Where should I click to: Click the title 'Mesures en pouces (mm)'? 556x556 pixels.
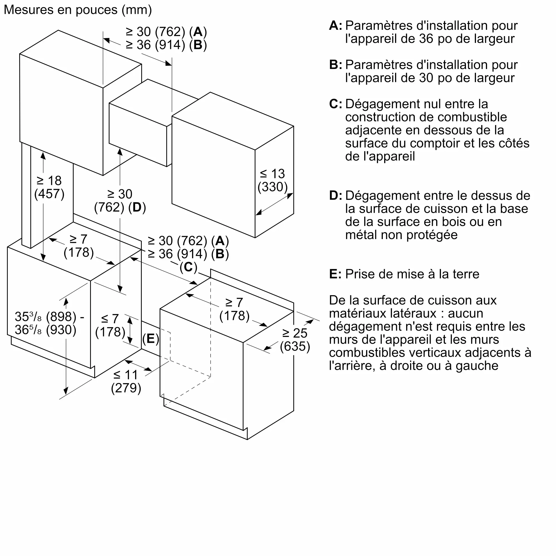(x=78, y=10)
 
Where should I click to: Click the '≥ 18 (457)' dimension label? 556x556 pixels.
(x=49, y=187)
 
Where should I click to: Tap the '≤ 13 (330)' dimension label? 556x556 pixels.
(x=272, y=180)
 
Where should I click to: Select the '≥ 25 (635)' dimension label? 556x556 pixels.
(x=295, y=340)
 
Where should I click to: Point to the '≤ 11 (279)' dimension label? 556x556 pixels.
(x=126, y=381)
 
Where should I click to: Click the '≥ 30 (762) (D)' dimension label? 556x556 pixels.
(x=120, y=201)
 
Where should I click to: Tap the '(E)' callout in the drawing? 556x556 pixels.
(x=150, y=338)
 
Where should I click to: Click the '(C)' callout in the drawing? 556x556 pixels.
(x=188, y=267)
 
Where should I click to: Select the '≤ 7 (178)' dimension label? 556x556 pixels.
(x=110, y=325)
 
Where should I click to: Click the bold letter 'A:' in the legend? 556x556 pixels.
(x=336, y=26)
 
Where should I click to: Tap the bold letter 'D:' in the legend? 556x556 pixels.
(x=336, y=196)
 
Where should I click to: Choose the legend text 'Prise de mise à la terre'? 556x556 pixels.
(x=412, y=274)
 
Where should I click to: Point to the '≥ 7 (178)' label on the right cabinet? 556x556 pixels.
(x=234, y=309)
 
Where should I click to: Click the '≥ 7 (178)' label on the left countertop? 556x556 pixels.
(x=79, y=246)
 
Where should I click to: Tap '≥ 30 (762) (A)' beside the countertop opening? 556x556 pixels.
(x=188, y=241)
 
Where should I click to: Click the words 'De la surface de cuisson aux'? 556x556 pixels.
(x=413, y=300)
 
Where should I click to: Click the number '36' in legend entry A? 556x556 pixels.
(x=426, y=39)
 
